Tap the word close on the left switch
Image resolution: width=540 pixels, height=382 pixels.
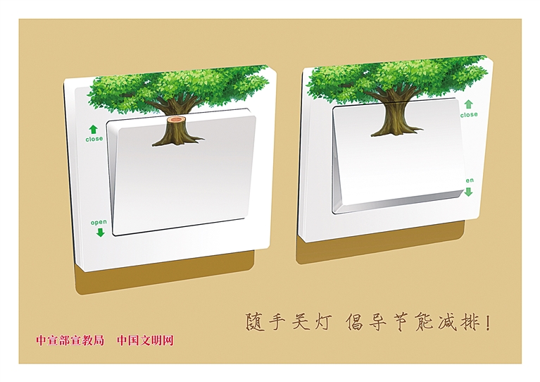94,139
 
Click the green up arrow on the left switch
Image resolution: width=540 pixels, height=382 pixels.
93,129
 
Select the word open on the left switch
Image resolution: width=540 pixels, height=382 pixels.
99,222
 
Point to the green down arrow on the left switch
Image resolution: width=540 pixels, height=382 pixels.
100,232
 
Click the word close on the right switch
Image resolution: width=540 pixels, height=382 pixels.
469,114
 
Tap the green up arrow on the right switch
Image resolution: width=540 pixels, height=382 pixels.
468,104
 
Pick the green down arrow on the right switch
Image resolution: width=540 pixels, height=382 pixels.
468,192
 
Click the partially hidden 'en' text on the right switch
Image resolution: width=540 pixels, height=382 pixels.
470,180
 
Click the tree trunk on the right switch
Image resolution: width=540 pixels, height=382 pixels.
395,117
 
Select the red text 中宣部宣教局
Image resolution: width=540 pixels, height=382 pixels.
70,340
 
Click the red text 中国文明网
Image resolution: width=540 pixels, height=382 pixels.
145,340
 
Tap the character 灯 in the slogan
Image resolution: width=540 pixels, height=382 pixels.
323,321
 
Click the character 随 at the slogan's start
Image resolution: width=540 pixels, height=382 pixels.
255,322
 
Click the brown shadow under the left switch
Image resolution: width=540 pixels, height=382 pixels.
165,274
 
